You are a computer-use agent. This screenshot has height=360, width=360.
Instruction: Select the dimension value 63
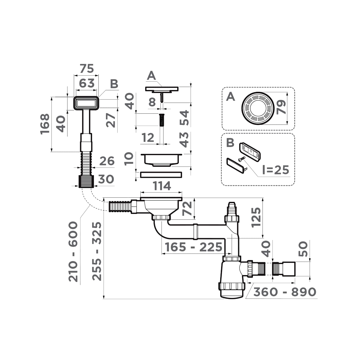[87, 83]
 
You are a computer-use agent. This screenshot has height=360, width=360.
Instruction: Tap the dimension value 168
[45, 124]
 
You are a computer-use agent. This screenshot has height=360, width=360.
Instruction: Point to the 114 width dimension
[162, 186]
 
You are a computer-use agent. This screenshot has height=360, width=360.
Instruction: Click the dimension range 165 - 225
[193, 247]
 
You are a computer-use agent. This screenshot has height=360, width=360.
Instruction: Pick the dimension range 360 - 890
[285, 292]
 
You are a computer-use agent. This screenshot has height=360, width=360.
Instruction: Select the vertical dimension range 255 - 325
[97, 251]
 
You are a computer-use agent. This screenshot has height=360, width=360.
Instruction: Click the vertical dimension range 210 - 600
[73, 251]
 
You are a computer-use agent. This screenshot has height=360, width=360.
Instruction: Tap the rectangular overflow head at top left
[86, 103]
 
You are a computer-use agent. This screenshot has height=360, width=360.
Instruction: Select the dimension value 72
[187, 208]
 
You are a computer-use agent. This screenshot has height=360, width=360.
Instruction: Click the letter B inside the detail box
[230, 143]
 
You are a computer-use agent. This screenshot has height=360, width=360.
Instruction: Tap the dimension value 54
[184, 118]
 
